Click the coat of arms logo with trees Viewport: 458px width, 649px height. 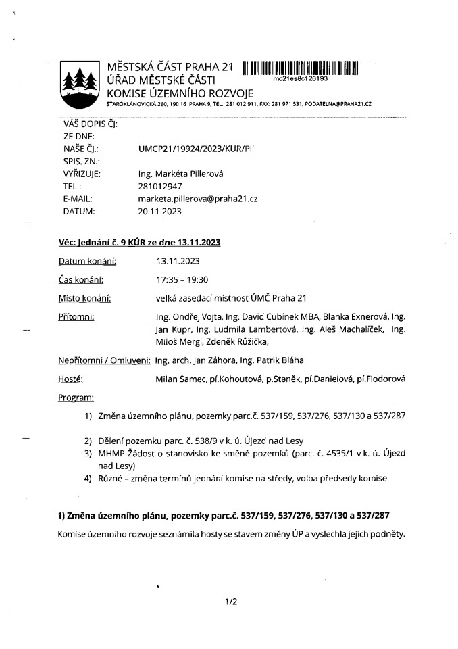pyautogui.click(x=80, y=85)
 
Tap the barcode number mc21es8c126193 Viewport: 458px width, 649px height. pyautogui.click(x=300, y=79)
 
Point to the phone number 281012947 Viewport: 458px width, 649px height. pyautogui.click(x=160, y=186)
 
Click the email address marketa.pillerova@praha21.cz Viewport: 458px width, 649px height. pyautogui.click(x=197, y=199)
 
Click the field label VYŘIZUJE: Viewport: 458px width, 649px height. pyautogui.click(x=82, y=174)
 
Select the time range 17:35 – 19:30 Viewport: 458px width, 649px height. pyautogui.click(x=180, y=279)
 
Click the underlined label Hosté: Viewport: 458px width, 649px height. pyautogui.click(x=71, y=379)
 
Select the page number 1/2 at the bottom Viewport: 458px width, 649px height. pyautogui.click(x=231, y=600)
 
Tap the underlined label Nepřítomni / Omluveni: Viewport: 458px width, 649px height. pyautogui.click(x=104, y=360)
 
